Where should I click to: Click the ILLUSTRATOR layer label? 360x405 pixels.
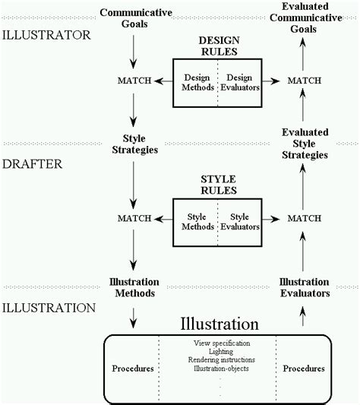(46, 35)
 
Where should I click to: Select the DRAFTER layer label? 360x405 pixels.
(33, 164)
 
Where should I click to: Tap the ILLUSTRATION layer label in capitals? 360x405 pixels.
(49, 308)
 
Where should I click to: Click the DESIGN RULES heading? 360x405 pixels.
(219, 46)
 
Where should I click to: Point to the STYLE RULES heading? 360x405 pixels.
(219, 185)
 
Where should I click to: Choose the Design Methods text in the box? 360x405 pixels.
(197, 82)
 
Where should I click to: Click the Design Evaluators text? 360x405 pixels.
(240, 82)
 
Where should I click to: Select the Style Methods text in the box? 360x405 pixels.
(197, 222)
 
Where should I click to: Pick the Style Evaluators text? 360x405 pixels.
(240, 222)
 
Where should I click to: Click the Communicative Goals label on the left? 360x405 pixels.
(136, 18)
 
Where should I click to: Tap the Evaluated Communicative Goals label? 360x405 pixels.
(306, 17)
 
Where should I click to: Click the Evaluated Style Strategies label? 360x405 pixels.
(305, 144)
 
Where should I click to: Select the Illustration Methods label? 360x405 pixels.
(134, 287)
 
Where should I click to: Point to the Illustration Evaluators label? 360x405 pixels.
(305, 287)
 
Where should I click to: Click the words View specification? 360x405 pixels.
(222, 343)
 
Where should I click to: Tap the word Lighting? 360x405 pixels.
(221, 352)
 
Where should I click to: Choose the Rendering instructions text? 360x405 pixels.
(222, 360)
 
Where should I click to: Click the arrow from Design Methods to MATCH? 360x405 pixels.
(163, 81)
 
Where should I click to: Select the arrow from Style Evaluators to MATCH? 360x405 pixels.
(270, 220)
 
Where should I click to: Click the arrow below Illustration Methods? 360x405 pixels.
(133, 318)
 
